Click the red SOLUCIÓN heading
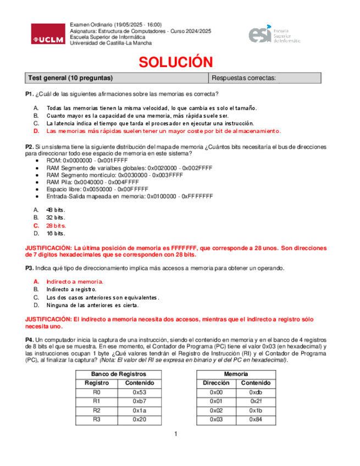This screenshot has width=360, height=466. pos(175,62)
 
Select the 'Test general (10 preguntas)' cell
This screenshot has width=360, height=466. pos(70,78)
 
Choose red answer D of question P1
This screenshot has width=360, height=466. pos(163,131)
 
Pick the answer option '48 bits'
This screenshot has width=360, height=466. pos(56,210)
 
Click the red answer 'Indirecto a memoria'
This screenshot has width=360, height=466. pos(75,281)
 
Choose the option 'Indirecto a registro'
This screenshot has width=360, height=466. pos(71,289)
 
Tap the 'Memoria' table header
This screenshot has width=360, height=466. pos(236,374)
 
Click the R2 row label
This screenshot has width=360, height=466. pos(97,410)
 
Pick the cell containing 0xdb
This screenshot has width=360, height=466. pos(256,392)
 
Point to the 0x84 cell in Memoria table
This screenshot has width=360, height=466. pos(256,419)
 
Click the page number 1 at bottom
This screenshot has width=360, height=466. pos(175,435)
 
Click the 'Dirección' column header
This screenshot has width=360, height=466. pos(216,383)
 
